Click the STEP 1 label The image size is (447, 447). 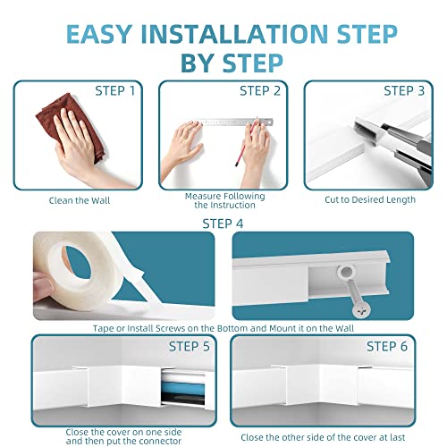pos(115,90)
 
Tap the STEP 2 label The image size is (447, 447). pos(259,90)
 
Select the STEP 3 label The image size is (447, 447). pos(404,90)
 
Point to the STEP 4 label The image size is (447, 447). pos(223,223)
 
